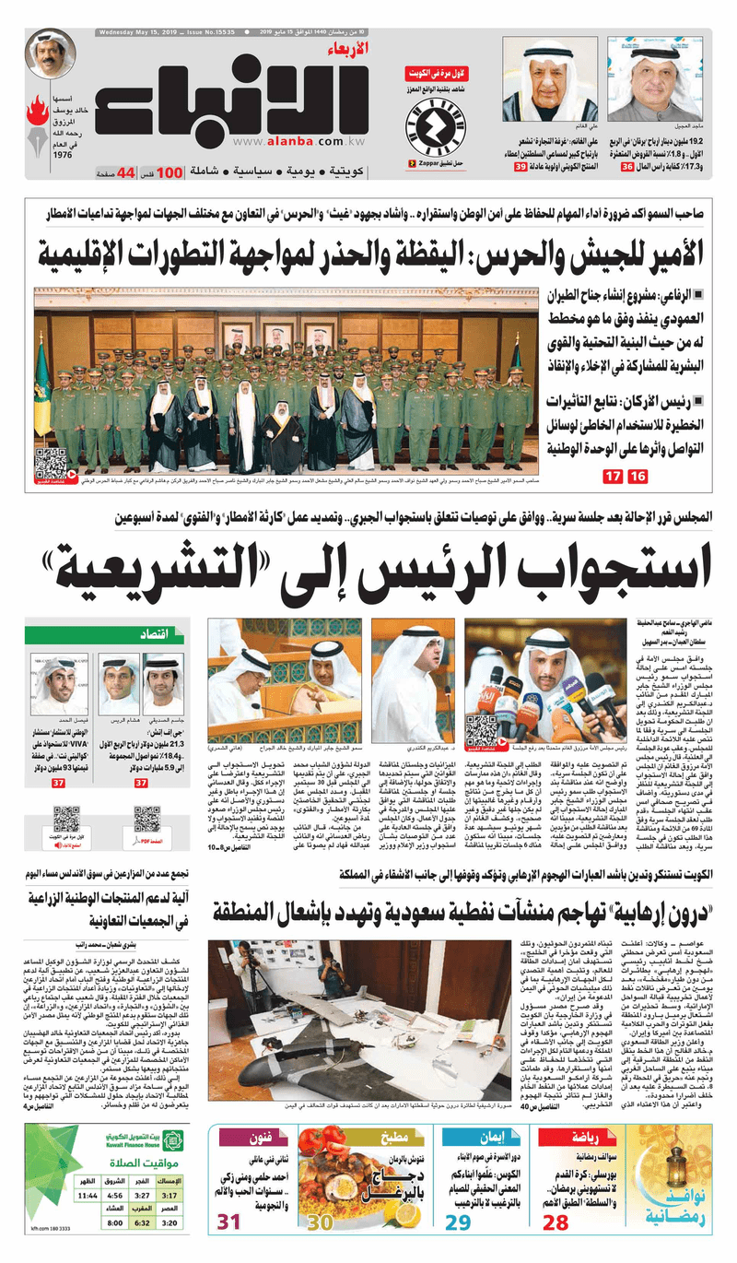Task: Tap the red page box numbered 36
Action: click(x=627, y=167)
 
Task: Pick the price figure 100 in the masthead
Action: click(x=170, y=172)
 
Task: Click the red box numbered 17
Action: click(x=612, y=477)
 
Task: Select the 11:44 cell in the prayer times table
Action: click(x=88, y=1195)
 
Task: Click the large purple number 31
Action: click(x=229, y=1222)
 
